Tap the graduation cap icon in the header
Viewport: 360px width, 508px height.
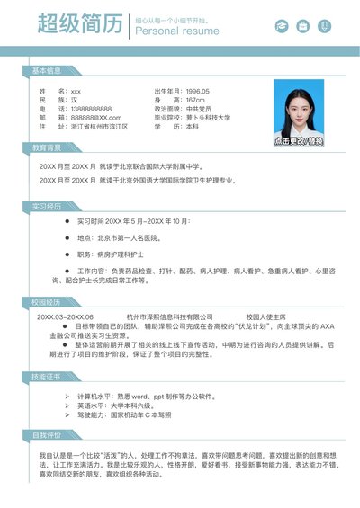pos(282,26)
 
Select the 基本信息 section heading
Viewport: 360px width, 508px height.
pos(47,69)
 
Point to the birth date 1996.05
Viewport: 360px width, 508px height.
pos(197,91)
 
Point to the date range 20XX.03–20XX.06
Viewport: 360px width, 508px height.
pos(65,316)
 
